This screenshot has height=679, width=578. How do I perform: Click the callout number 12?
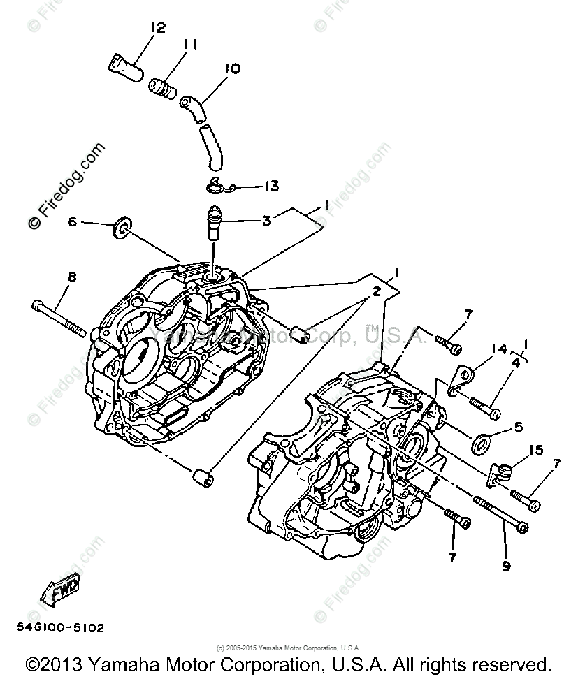157,27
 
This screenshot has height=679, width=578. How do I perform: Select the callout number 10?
231,68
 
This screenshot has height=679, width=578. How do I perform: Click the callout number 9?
505,566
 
